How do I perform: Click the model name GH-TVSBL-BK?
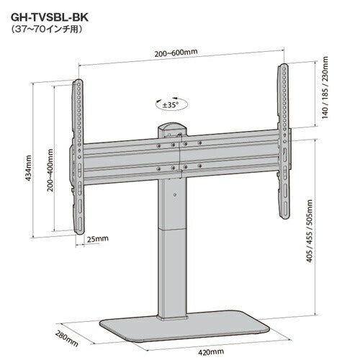click(50, 17)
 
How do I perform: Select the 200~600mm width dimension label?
click(176, 53)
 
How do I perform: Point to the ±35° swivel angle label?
click(171, 105)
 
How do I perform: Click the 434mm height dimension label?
click(29, 168)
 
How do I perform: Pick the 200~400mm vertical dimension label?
click(50, 170)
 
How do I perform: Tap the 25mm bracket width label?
click(97, 239)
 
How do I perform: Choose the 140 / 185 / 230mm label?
click(325, 87)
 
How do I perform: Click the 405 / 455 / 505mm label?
click(310, 231)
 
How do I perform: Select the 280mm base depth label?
click(67, 338)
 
